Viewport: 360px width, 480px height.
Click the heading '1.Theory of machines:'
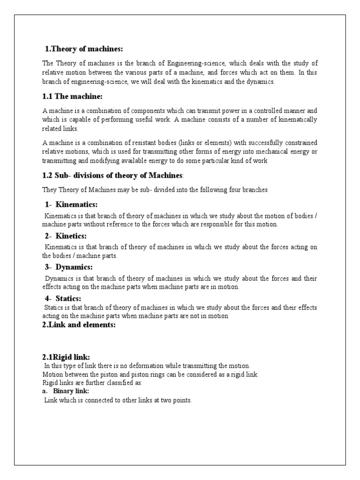tap(83, 49)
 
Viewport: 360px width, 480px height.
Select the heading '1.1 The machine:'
tap(72, 97)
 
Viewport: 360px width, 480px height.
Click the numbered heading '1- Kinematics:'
tap(71, 204)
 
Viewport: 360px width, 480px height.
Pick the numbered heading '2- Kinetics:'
tap(66, 236)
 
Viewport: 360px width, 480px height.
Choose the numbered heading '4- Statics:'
tap(63, 299)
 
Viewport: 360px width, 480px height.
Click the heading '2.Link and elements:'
tap(79, 325)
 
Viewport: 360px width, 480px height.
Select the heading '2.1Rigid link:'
tap(66, 357)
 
